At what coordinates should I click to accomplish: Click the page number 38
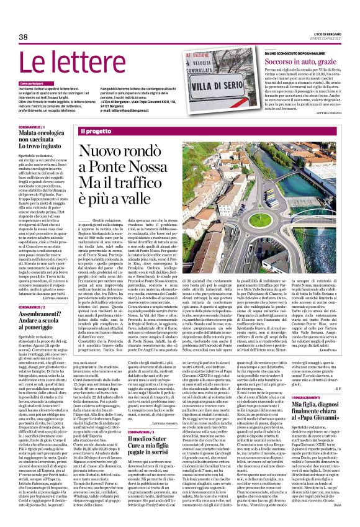pyautogui.click(x=24, y=37)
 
